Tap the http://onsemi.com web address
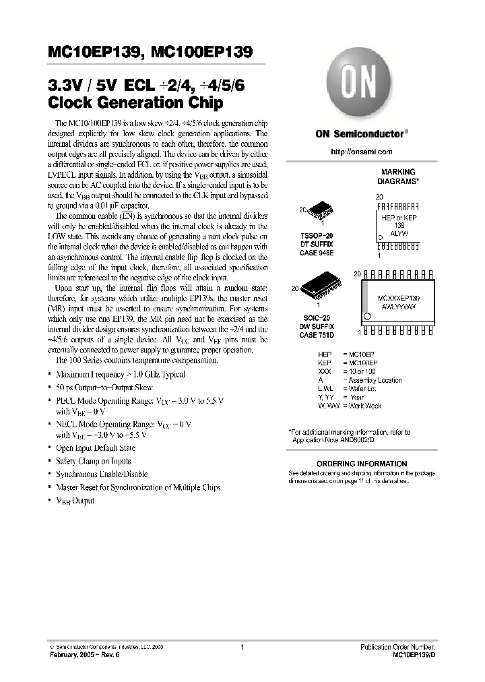click(x=364, y=152)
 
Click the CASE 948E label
click(x=317, y=253)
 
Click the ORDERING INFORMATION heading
click(x=362, y=464)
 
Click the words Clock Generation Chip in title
click(x=135, y=104)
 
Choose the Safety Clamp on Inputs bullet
click(x=93, y=461)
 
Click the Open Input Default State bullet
click(x=95, y=447)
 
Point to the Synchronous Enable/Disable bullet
click(x=101, y=474)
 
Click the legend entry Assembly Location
click(x=375, y=380)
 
